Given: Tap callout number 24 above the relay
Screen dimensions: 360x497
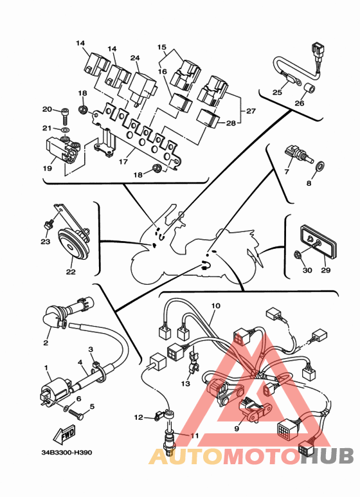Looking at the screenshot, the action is pyautogui.click(x=135, y=58).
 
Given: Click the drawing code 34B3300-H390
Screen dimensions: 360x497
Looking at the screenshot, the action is pyautogui.click(x=67, y=452).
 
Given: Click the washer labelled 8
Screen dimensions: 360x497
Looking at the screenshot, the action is pyautogui.click(x=319, y=166).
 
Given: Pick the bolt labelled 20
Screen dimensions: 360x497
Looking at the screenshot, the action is pyautogui.click(x=65, y=116).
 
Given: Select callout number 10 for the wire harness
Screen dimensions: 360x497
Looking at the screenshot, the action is pyautogui.click(x=215, y=306).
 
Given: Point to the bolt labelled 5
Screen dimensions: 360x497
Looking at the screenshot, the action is pyautogui.click(x=76, y=414).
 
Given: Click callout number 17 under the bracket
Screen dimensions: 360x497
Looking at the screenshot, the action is pyautogui.click(x=123, y=161).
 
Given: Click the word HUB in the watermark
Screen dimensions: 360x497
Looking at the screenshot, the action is pyautogui.click(x=327, y=456).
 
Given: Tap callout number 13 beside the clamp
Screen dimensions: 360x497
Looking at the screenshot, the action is pyautogui.click(x=186, y=384).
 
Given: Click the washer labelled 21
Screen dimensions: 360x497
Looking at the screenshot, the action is pyautogui.click(x=66, y=130).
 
